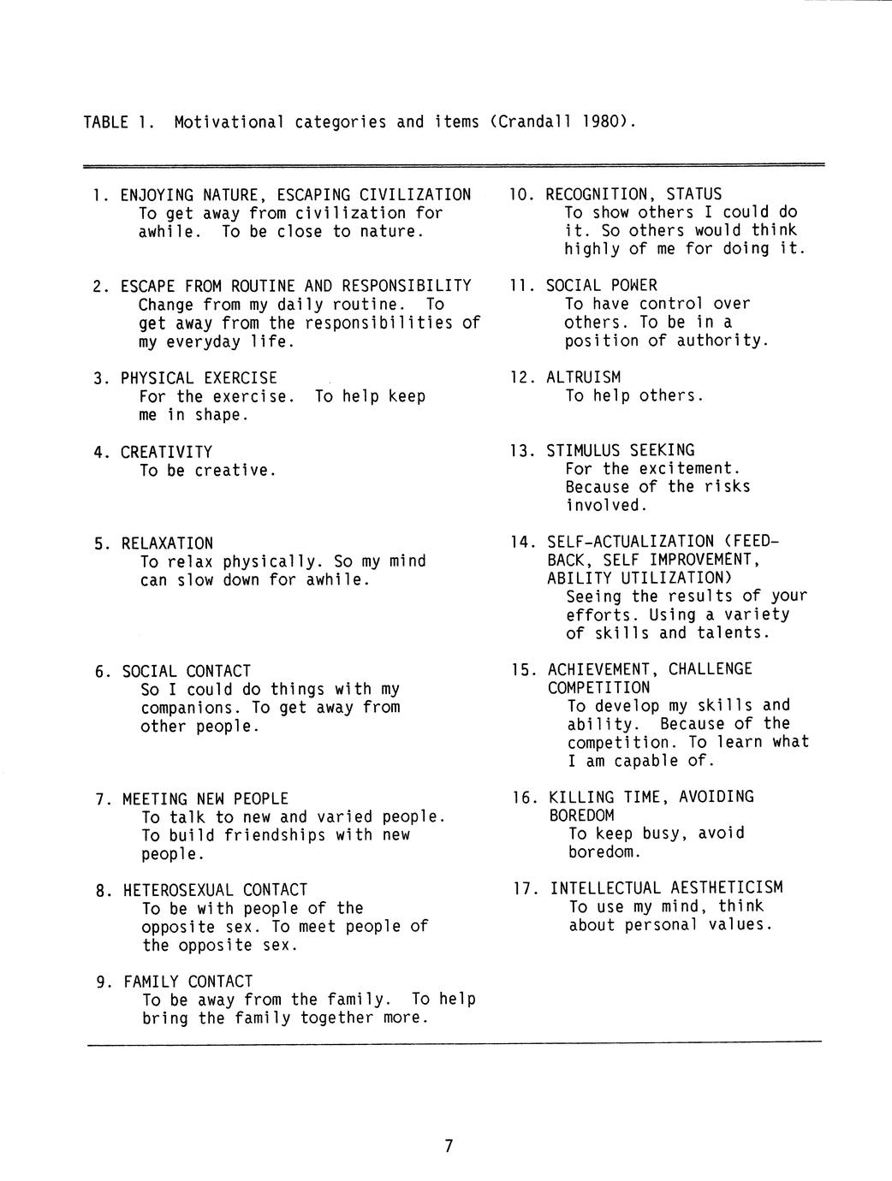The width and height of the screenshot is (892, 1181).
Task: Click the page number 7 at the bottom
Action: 448,1146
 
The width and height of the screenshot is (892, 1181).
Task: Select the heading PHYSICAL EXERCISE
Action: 199,378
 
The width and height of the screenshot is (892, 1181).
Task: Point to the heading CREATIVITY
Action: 166,452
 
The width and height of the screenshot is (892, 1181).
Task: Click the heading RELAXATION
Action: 167,543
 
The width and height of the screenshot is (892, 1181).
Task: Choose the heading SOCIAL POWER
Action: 601,286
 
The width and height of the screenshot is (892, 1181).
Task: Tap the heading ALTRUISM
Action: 583,377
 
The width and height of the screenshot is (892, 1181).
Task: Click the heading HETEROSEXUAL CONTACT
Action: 215,890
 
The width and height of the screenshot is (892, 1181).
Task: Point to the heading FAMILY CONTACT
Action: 187,982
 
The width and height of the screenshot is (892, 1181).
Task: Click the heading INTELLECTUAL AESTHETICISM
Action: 666,888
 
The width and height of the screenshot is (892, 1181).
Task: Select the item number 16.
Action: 524,798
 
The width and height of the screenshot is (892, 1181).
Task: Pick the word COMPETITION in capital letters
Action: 598,687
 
